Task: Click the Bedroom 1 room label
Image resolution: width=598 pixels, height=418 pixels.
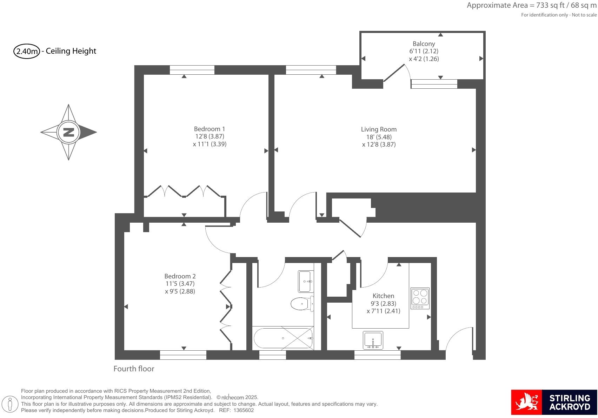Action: point(210,129)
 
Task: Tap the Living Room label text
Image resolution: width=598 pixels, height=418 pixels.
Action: point(379,129)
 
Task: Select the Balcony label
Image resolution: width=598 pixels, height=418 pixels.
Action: point(424,44)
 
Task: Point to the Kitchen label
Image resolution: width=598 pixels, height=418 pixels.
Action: point(383,296)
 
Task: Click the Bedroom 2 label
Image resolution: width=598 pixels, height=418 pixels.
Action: point(180,276)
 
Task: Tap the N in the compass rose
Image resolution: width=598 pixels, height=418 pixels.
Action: point(69,132)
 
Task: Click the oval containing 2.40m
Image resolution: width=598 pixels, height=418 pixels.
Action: point(26,51)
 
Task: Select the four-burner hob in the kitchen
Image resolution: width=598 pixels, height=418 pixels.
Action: point(420,298)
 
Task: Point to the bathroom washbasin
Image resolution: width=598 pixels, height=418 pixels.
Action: point(305,281)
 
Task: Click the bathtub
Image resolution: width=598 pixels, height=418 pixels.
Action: point(283,338)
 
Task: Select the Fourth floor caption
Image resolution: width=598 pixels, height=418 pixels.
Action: point(134,369)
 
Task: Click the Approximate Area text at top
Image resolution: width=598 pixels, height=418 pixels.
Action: point(531,5)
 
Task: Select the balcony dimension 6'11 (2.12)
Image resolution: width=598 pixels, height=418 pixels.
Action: point(424,51)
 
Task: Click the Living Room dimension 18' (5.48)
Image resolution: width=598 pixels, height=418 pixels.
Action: point(379,137)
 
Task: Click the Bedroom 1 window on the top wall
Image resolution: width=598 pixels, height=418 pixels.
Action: point(192,70)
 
